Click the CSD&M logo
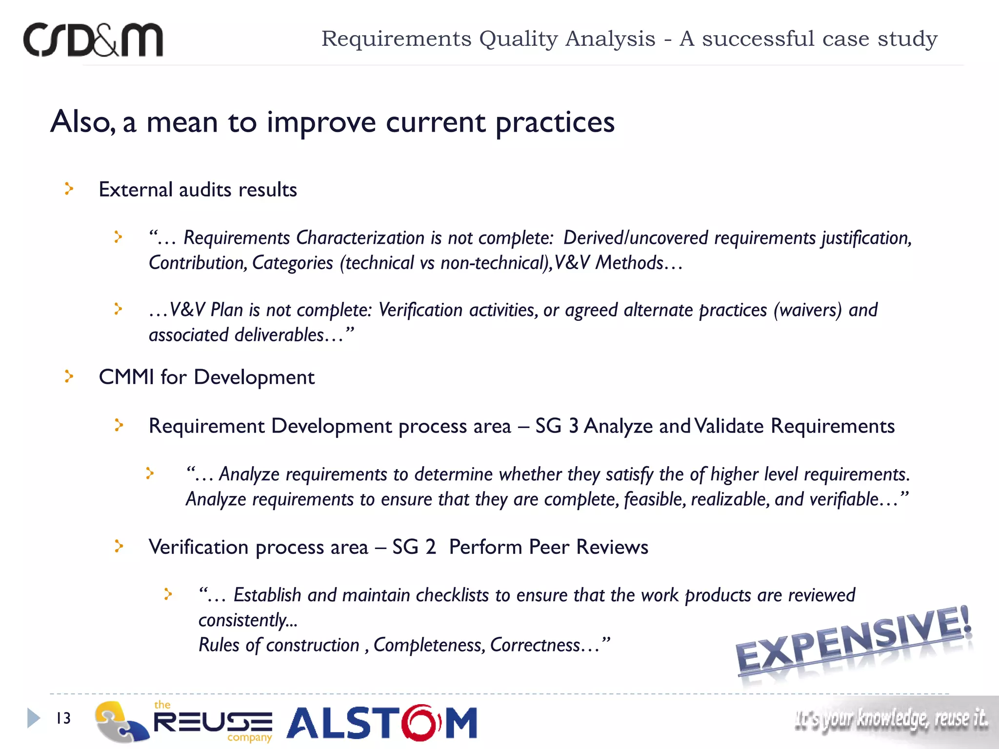tap(93, 40)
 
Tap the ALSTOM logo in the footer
tap(381, 722)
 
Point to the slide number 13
tap(63, 718)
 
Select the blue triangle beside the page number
tap(33, 718)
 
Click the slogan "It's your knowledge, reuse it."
tap(891, 719)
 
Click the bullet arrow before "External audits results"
tap(69, 189)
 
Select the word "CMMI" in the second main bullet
tap(126, 377)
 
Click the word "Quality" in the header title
tap(518, 39)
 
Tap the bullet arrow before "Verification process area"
tap(119, 546)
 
